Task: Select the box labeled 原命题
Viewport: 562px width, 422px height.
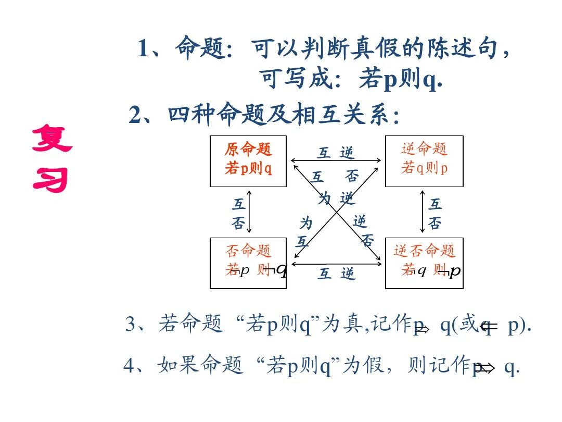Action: click(x=248, y=161)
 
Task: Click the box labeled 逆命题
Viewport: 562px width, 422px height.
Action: click(x=424, y=161)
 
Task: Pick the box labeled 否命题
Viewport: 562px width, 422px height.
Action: click(x=248, y=263)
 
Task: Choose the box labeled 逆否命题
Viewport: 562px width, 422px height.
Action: click(x=424, y=263)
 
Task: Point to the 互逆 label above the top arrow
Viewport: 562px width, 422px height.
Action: click(x=336, y=153)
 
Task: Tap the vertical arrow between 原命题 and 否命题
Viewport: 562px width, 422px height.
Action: click(x=250, y=212)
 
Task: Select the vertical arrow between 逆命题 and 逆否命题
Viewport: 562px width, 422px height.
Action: click(x=423, y=212)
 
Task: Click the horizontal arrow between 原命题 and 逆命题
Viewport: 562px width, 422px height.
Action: click(x=336, y=161)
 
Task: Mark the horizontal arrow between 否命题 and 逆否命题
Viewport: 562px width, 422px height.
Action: click(x=336, y=264)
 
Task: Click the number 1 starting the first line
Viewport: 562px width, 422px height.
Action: click(x=144, y=49)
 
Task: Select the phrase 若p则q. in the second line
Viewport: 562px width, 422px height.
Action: click(x=401, y=80)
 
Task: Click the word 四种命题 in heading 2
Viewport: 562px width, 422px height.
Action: click(x=216, y=115)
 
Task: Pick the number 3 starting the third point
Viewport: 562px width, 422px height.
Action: click(x=130, y=324)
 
